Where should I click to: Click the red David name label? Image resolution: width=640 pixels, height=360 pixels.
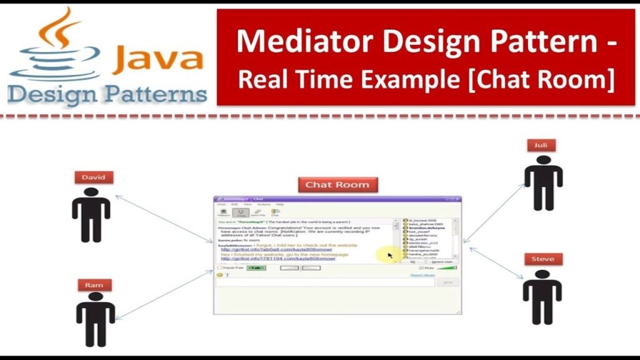(x=93, y=177)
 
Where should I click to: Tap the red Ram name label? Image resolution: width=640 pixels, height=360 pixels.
(x=94, y=286)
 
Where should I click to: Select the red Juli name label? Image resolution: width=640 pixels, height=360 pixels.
(x=541, y=146)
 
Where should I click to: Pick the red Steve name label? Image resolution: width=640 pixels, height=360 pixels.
(x=542, y=259)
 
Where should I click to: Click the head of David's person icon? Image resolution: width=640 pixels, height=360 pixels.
(x=91, y=193)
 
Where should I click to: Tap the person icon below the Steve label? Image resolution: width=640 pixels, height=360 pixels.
(x=542, y=296)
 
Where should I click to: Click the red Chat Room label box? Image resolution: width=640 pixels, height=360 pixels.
(x=337, y=184)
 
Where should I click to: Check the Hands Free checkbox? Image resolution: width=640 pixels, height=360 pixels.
(x=220, y=267)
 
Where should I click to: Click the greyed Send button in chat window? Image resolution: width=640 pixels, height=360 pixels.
(x=447, y=282)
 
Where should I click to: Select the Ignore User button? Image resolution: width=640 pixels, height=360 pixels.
(x=442, y=262)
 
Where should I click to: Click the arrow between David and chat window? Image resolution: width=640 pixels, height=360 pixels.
(x=164, y=219)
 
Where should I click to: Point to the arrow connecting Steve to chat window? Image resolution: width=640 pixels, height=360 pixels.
(x=497, y=262)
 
